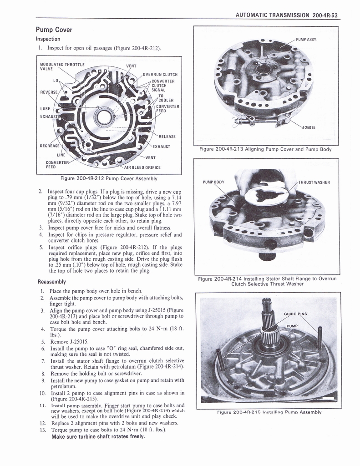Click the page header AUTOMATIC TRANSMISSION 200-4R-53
pyautogui.click(x=289, y=15)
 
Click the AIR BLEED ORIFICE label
pyautogui.click(x=142, y=167)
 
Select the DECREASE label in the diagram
pyautogui.click(x=51, y=146)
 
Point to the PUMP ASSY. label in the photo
pyautogui.click(x=306, y=40)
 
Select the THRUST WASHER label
pyautogui.click(x=314, y=182)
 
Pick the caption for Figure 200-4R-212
pyautogui.click(x=106, y=178)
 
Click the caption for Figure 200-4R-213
pyautogui.click(x=265, y=149)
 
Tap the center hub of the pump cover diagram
pyautogui.click(x=104, y=117)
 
